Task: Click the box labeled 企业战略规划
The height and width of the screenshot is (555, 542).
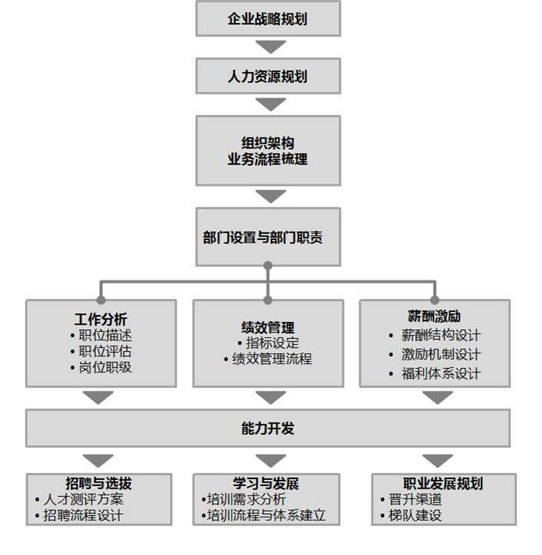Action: pyautogui.click(x=268, y=19)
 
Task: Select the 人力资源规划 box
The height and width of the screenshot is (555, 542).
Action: pyautogui.click(x=268, y=76)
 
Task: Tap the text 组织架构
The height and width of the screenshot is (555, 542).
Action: pyautogui.click(x=268, y=143)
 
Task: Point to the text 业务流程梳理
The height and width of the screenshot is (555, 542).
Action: pyautogui.click(x=268, y=160)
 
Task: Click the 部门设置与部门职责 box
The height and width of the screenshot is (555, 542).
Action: pyautogui.click(x=268, y=238)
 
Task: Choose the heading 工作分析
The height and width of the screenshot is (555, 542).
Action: pyautogui.click(x=100, y=319)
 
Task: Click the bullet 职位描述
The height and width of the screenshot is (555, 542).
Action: pyautogui.click(x=104, y=335)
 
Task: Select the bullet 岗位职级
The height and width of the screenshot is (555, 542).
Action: pyautogui.click(x=104, y=368)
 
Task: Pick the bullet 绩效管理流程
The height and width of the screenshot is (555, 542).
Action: pyautogui.click(x=271, y=359)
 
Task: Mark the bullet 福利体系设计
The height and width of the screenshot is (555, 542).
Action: pyautogui.click(x=440, y=373)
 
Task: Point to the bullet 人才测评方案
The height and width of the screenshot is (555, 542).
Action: pyautogui.click(x=83, y=499)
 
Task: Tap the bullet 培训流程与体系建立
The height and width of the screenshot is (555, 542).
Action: pyautogui.click(x=266, y=516)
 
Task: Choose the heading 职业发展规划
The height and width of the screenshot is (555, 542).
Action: pyautogui.click(x=443, y=484)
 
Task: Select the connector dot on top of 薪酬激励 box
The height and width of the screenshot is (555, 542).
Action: pyautogui.click(x=434, y=300)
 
